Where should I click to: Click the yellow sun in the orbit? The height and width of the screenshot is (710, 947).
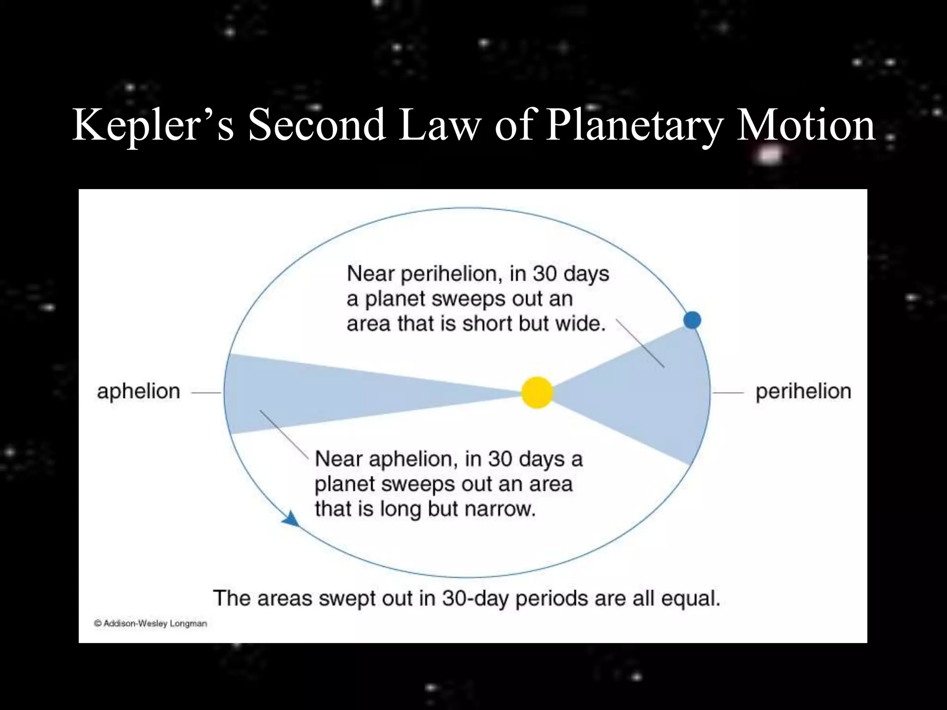click(537, 392)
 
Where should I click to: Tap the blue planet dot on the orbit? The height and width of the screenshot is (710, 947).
click(692, 320)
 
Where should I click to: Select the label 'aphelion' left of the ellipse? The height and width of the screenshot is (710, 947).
click(138, 392)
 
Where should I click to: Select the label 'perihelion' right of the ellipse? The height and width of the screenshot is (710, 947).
click(803, 392)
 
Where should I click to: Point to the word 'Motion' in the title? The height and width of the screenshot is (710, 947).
click(805, 125)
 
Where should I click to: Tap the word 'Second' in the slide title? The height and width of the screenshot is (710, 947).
click(317, 125)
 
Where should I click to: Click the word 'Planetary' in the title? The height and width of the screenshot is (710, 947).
click(633, 125)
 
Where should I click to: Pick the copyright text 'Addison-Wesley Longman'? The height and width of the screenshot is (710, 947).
click(155, 624)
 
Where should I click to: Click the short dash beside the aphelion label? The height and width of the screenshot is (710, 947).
click(206, 393)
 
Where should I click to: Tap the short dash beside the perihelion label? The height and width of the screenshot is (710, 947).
click(728, 393)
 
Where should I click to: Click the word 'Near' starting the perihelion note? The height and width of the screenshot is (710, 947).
click(370, 274)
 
